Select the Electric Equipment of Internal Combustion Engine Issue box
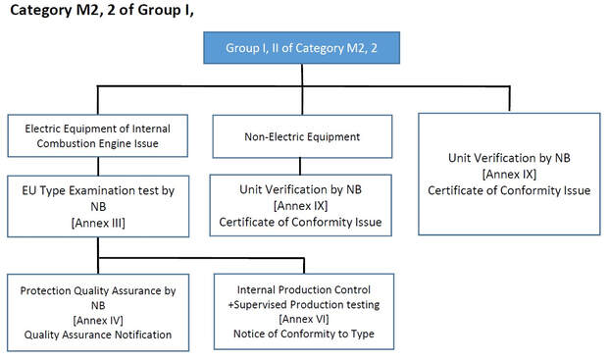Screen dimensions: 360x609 pyautogui.click(x=98, y=135)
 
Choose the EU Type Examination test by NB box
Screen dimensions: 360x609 pyautogui.click(x=98, y=206)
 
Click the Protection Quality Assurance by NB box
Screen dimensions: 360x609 pyautogui.click(x=98, y=312)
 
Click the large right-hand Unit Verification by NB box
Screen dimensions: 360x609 pyautogui.click(x=509, y=174)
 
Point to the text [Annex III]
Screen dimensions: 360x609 pyautogui.click(x=98, y=223)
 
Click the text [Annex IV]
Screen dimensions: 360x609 pyautogui.click(x=98, y=320)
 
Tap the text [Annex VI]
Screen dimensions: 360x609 pyautogui.click(x=304, y=320)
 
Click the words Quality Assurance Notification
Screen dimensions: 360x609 pyautogui.click(x=98, y=334)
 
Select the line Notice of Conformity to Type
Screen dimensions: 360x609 pyautogui.click(x=304, y=334)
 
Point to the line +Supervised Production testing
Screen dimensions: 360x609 pyautogui.click(x=304, y=305)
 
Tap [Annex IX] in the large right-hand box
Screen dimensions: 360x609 pyautogui.click(x=509, y=174)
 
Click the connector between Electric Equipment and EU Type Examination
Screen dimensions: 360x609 pyautogui.click(x=98, y=166)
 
